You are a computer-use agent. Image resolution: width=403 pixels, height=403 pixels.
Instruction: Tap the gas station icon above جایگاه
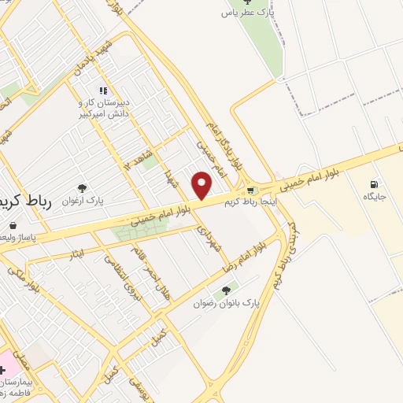click(372, 184)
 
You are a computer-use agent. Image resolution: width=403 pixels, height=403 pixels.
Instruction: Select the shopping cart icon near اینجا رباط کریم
click(250, 190)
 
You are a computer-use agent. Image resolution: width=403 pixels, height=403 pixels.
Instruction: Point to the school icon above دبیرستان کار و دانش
click(103, 91)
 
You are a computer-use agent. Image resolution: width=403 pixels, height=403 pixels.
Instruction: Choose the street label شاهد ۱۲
click(135, 157)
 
